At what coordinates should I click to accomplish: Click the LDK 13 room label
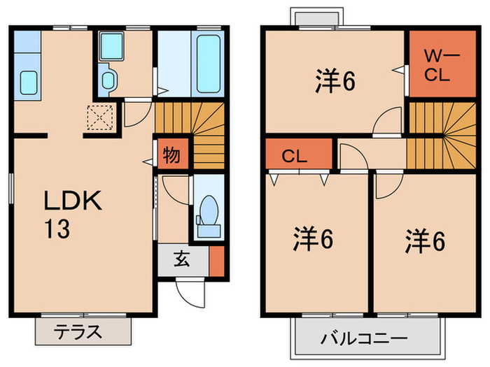pos(73,215)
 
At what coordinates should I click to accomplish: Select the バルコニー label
pos(364,339)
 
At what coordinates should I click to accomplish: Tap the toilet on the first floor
pos(208,210)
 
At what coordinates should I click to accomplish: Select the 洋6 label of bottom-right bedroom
pos(424,240)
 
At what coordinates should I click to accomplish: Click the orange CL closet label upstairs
pos(295,156)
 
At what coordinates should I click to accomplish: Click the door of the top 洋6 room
pos(385,124)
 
